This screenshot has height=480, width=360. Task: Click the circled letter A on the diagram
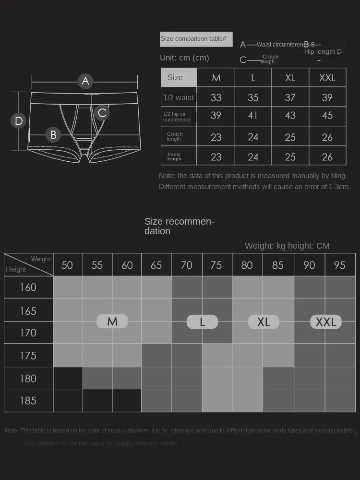[85, 81]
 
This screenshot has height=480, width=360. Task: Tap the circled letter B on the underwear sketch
[53, 135]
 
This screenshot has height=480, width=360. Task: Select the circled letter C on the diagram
[102, 113]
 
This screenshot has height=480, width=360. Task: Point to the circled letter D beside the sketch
[19, 120]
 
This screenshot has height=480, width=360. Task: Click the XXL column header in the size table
[327, 78]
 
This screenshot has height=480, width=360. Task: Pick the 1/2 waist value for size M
[216, 97]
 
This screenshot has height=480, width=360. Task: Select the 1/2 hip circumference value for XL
[290, 116]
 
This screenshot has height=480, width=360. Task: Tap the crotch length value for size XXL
[327, 137]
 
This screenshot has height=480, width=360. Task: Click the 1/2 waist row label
[178, 97]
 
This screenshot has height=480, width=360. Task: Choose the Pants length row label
[174, 156]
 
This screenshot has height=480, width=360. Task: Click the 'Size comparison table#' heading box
[196, 39]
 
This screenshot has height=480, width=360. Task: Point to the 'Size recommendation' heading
[179, 226]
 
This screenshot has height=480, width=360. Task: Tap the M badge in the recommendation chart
[112, 322]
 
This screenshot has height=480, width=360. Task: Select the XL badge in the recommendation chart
[264, 322]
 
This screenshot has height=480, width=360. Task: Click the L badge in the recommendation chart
[202, 322]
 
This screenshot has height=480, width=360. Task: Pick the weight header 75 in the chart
[216, 265]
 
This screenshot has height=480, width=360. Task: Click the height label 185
[28, 401]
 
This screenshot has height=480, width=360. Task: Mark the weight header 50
[67, 265]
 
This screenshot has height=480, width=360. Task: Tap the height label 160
[28, 288]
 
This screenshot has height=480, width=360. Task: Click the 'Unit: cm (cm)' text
[184, 58]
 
